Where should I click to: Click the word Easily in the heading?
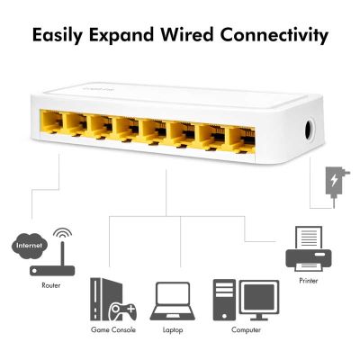[x=57, y=35]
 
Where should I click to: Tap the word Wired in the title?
[x=186, y=34]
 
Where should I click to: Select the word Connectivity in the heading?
[x=274, y=35]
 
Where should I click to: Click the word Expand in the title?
[x=121, y=35]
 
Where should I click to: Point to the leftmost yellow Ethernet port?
[x=51, y=121]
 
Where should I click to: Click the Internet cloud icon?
[x=30, y=246]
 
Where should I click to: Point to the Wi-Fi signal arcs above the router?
[x=62, y=233]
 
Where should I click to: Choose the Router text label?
[x=51, y=285]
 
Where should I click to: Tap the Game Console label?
[x=113, y=330]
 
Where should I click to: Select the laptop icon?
[x=173, y=301]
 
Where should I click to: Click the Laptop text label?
[x=173, y=330]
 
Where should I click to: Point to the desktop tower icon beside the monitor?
[x=224, y=300]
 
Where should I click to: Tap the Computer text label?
[x=246, y=330]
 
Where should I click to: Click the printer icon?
[x=308, y=248]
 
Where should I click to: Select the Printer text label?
[x=309, y=281]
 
